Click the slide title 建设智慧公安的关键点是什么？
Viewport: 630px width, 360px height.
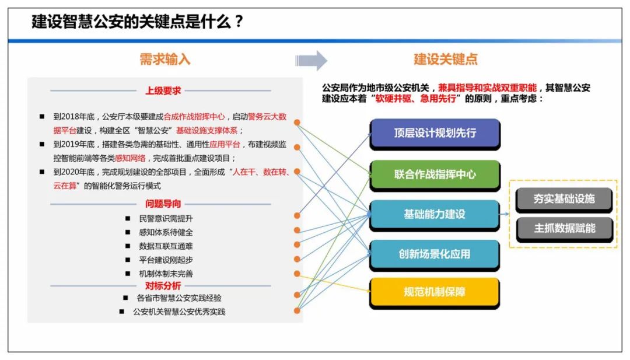click(x=138, y=22)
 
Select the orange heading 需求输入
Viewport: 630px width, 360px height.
click(x=164, y=60)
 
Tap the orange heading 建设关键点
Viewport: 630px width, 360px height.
click(x=446, y=60)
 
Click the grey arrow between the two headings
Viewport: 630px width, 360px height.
click(x=311, y=61)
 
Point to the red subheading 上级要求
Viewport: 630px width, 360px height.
click(x=163, y=91)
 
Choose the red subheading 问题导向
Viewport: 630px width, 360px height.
click(x=163, y=204)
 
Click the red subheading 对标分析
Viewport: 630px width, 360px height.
click(x=163, y=286)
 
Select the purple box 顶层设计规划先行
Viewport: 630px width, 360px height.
click(x=435, y=134)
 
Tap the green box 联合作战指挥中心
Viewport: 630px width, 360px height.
click(x=435, y=175)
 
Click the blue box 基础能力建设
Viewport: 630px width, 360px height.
click(x=435, y=215)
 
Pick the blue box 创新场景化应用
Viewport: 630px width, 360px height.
click(x=435, y=254)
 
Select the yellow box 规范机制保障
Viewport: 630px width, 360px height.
click(x=435, y=292)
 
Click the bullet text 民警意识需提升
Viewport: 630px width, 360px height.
click(x=166, y=219)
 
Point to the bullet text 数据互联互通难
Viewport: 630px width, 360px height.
click(x=166, y=246)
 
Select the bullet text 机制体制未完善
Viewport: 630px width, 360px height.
click(x=166, y=274)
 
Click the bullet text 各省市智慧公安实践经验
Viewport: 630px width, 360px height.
click(x=179, y=298)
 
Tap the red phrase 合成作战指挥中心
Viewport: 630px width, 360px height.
click(x=194, y=117)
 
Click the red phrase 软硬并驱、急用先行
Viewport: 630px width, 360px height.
click(x=416, y=99)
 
